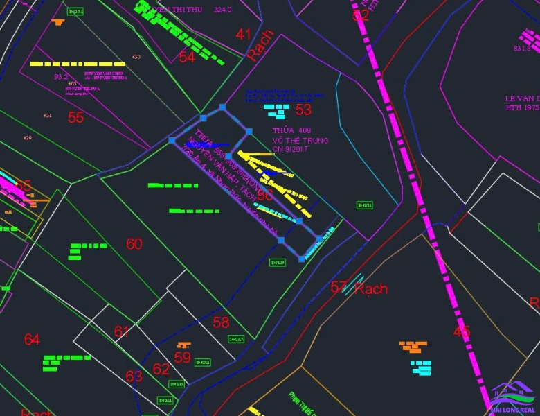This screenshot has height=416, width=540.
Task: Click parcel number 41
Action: (244, 34)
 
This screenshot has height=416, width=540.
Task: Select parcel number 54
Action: (187, 57)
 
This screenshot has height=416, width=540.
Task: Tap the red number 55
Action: (75, 117)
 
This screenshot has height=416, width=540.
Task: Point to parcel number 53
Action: (303, 110)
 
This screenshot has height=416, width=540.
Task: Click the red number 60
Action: (134, 243)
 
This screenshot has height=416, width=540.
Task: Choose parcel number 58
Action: (221, 322)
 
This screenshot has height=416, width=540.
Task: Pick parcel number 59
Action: (182, 358)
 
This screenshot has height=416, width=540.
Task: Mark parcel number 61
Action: (122, 331)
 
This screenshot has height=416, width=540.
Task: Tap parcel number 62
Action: (161, 369)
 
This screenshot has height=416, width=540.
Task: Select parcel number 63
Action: (134, 376)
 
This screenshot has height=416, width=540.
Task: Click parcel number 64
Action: (32, 339)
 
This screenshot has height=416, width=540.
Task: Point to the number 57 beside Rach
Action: (339, 286)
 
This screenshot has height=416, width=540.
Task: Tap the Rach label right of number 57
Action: (371, 288)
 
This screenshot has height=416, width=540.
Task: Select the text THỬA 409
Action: (291, 130)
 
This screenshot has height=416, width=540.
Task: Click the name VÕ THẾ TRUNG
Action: (300, 140)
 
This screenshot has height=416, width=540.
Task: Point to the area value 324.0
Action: (223, 10)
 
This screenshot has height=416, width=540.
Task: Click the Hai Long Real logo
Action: (512, 399)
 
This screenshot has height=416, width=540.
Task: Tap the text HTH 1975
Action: (522, 108)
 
